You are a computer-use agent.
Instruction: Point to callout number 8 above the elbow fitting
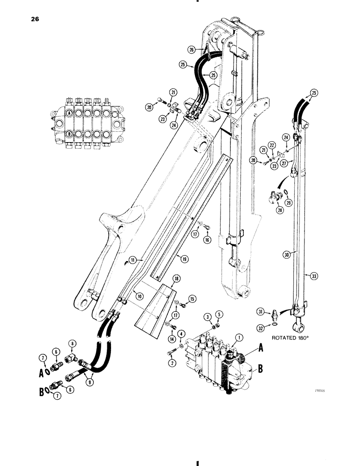(x=72, y=345)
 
